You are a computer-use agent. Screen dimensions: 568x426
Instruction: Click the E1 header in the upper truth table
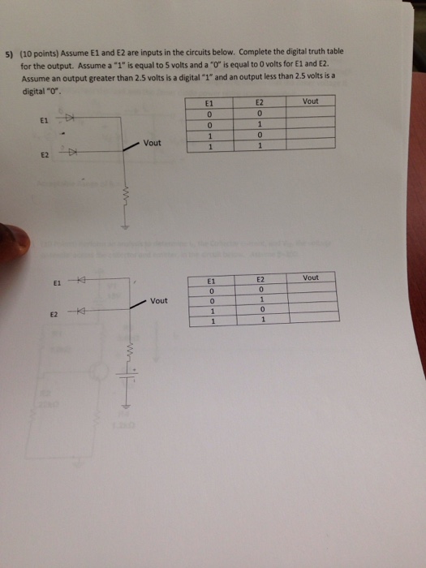coord(209,104)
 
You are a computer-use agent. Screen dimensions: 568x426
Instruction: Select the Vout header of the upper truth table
coord(310,101)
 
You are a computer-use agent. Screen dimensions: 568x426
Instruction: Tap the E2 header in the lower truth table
coord(260,278)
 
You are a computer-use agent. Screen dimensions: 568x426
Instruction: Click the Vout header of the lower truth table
coord(310,278)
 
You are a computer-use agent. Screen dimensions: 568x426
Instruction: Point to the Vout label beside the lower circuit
coord(159,300)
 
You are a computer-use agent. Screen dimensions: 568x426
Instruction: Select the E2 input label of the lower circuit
coord(54,314)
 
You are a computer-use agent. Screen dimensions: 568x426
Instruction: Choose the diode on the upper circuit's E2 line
coord(72,152)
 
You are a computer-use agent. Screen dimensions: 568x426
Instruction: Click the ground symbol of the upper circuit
coord(124,228)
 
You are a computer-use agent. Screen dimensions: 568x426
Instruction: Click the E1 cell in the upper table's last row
coord(209,147)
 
